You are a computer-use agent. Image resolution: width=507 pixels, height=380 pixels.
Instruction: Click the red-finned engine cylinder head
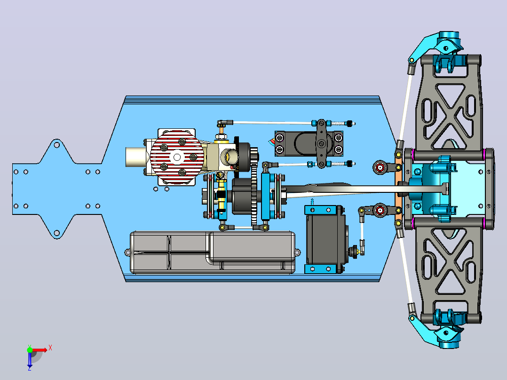pyautogui.click(x=177, y=157)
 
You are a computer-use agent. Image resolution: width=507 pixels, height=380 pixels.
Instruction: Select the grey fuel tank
pyautogui.click(x=213, y=253)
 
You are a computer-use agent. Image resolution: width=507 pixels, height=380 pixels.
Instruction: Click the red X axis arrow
pyautogui.click(x=40, y=350)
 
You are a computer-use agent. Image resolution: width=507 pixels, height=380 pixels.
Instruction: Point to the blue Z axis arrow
pyautogui.click(x=30, y=359)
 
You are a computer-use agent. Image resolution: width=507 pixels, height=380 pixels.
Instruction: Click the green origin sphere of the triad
pyautogui.click(x=30, y=349)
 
